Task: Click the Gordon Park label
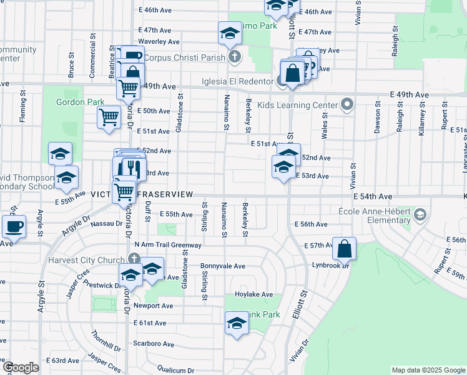pyautogui.click(x=80, y=102)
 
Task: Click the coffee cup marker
pyautogui.click(x=13, y=226)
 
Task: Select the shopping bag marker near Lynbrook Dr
pyautogui.click(x=344, y=249)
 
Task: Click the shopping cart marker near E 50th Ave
pyautogui.click(x=109, y=117)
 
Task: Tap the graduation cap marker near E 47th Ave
pyautogui.click(x=230, y=33)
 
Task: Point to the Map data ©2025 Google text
pyautogui.click(x=428, y=370)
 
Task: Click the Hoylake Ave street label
pyautogui.click(x=254, y=294)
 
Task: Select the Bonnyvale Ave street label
pyautogui.click(x=223, y=266)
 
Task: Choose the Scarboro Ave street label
pyautogui.click(x=153, y=344)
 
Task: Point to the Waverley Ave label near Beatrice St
pyautogui.click(x=159, y=42)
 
